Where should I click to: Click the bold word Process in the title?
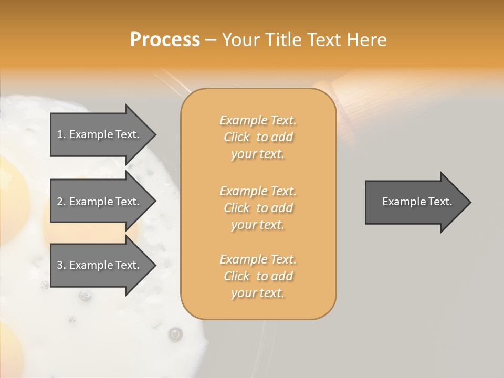click(165, 40)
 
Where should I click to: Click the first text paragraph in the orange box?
click(258, 137)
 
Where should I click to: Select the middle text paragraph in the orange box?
click(258, 207)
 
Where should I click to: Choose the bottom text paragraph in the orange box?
click(258, 276)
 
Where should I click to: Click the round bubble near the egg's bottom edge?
click(175, 333)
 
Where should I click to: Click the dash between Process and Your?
click(211, 40)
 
